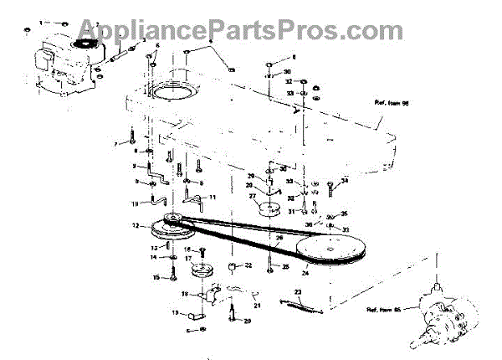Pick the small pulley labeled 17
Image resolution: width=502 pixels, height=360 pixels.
pyautogui.click(x=202, y=272)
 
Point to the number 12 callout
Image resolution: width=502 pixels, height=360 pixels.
pyautogui.click(x=136, y=224)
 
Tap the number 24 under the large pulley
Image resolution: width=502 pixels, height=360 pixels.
pyautogui.click(x=305, y=272)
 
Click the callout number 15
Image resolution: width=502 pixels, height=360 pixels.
pyautogui.click(x=156, y=278)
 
